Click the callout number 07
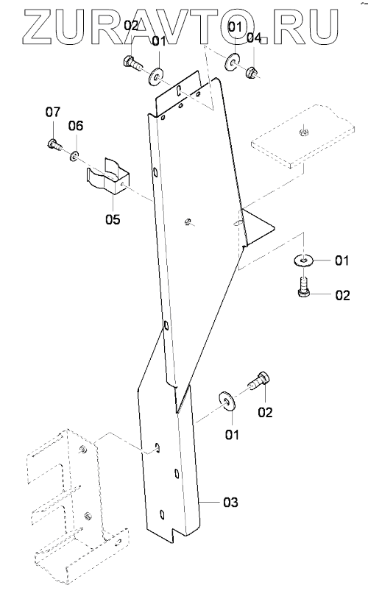point(53,113)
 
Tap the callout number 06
point(76,126)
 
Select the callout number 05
point(113,219)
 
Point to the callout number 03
point(231,502)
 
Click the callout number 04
point(254,38)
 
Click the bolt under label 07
point(54,145)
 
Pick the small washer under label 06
point(74,156)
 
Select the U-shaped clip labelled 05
point(107,177)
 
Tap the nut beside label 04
point(252,71)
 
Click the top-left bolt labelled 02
point(132,63)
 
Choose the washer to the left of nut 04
point(233,63)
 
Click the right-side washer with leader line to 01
point(303,261)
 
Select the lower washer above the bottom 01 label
point(227,401)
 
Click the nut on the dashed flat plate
point(303,132)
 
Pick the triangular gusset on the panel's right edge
point(256,226)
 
